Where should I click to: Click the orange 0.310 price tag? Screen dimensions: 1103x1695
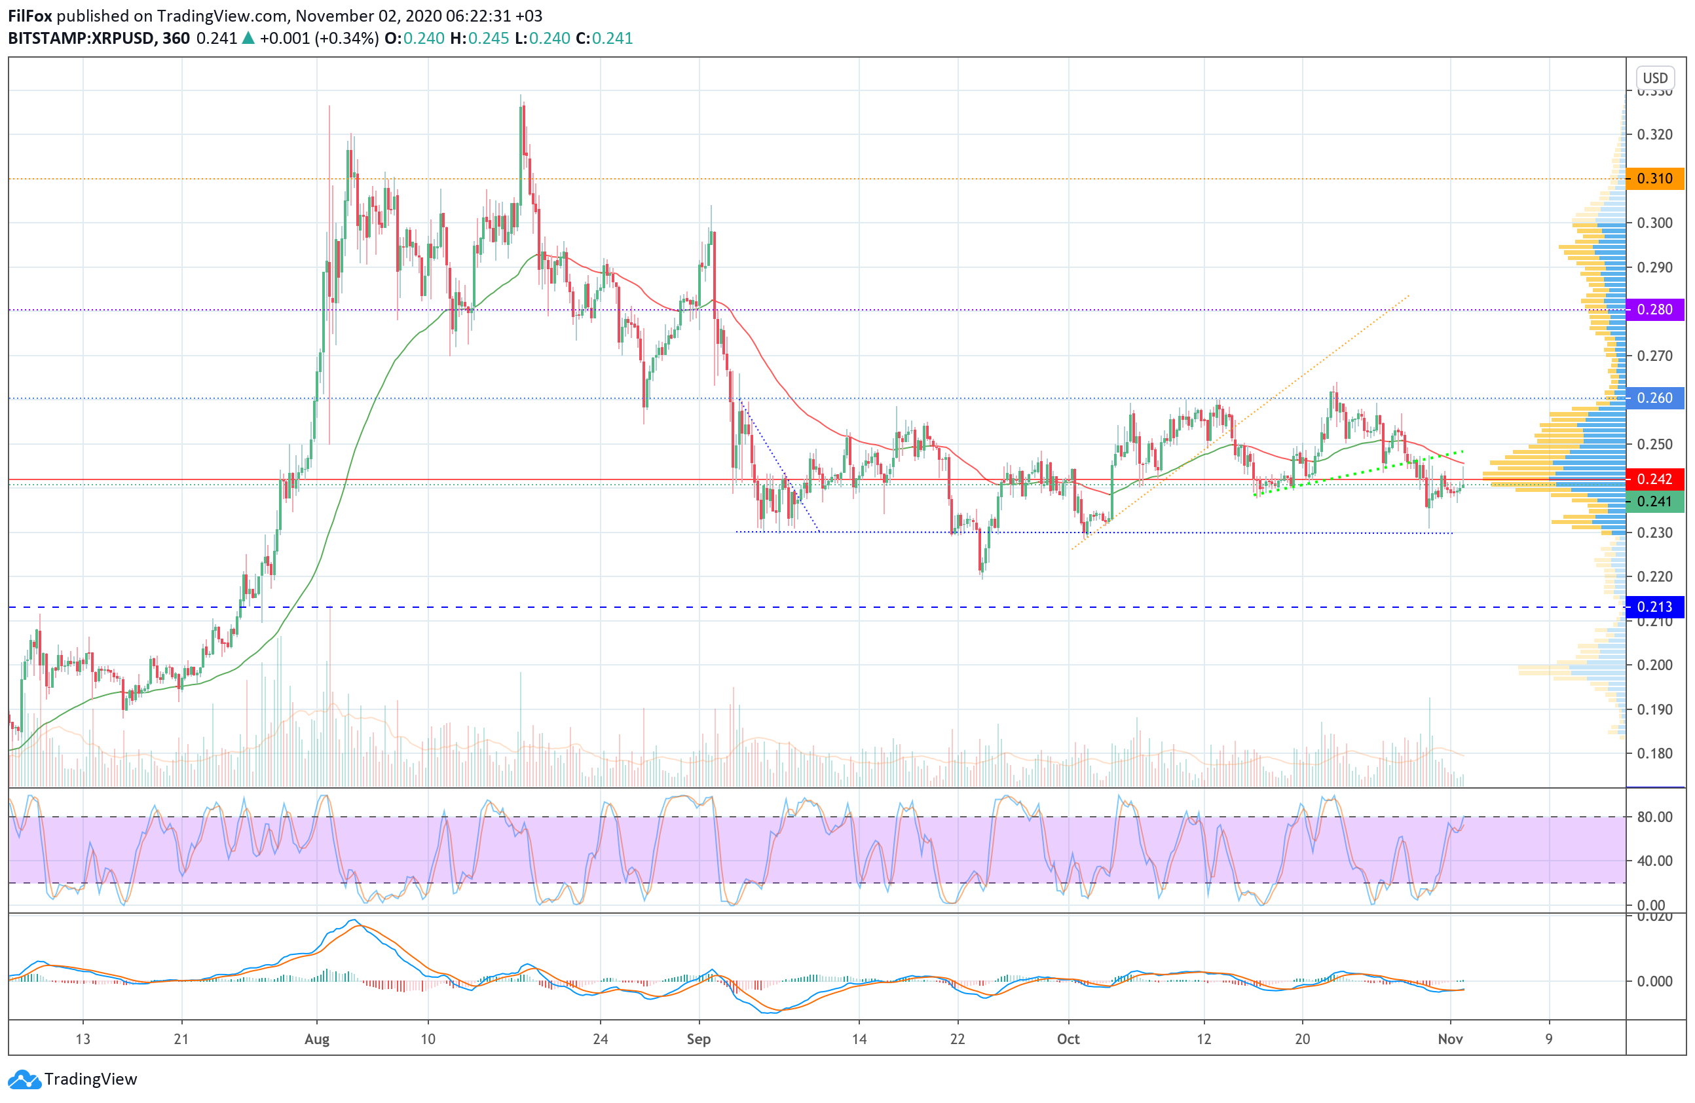click(x=1654, y=179)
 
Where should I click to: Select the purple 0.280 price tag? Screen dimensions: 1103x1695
click(x=1654, y=310)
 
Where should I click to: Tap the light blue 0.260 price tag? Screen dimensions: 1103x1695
click(x=1654, y=398)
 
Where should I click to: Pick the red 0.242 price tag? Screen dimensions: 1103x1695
click(x=1654, y=479)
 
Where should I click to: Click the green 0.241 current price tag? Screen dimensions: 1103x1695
click(x=1654, y=501)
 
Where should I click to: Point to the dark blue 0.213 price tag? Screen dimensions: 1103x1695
click(x=1654, y=607)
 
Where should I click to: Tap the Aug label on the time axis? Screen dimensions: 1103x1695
click(x=317, y=1039)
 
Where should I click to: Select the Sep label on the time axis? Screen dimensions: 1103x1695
click(x=699, y=1039)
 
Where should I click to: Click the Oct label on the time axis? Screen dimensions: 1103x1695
click(x=1068, y=1039)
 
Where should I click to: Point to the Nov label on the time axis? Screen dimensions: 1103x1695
click(x=1450, y=1039)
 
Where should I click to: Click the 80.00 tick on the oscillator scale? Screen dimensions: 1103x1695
click(x=1654, y=817)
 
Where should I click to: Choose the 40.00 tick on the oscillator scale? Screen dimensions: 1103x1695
click(x=1654, y=861)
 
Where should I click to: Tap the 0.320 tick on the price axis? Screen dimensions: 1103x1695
click(x=1654, y=134)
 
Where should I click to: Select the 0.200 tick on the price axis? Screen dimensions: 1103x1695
click(x=1654, y=665)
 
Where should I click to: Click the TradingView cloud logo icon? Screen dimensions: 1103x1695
click(x=25, y=1079)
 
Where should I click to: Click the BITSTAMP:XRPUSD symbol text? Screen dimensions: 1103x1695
click(x=81, y=39)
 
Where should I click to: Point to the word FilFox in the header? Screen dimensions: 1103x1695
click(x=30, y=16)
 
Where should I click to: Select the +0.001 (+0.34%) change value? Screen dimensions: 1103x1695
click(x=319, y=39)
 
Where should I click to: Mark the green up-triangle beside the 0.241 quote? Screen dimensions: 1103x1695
click(x=248, y=39)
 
